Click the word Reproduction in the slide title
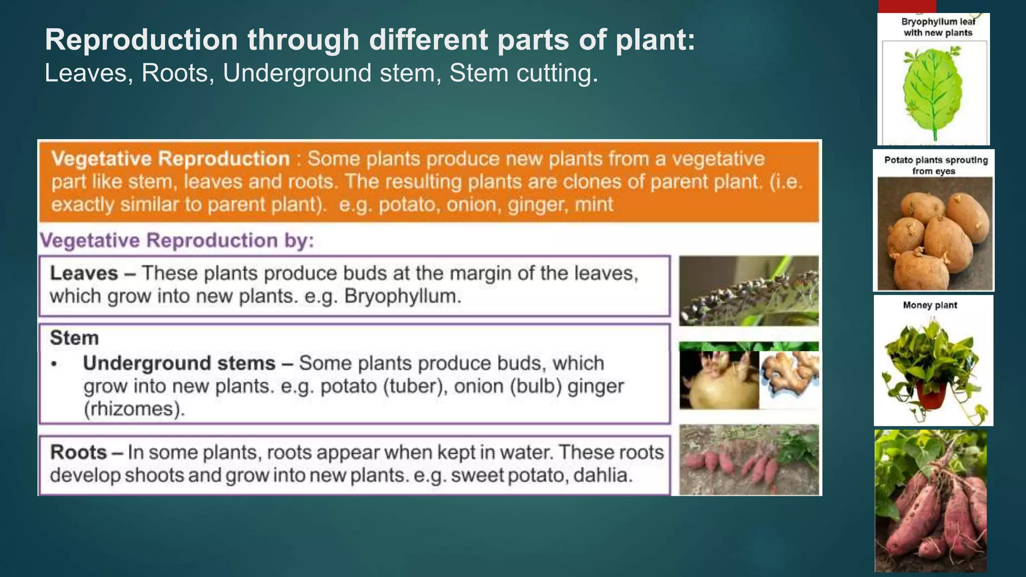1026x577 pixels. point(141,40)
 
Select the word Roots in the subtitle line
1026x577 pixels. point(175,73)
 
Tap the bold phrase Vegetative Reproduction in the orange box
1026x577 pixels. point(171,159)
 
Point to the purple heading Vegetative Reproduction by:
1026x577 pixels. point(177,240)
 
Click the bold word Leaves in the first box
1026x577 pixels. point(84,273)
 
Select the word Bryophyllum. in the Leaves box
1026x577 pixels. point(403,296)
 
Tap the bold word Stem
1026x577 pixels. point(74,338)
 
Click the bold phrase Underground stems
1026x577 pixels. point(179,363)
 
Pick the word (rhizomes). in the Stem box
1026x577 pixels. point(134,409)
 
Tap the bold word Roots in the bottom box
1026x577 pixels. point(79,452)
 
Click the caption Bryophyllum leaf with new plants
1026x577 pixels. point(937,27)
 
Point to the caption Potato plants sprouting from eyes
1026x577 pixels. point(935,165)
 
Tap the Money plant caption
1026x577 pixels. point(930,305)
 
